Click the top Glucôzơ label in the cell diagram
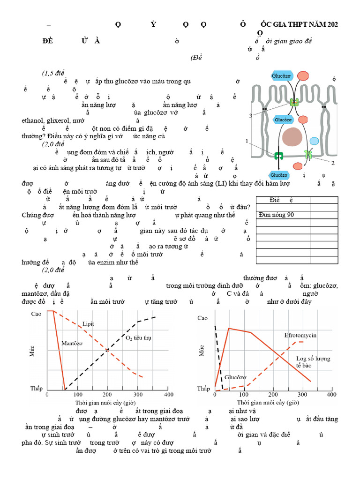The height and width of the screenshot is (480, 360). coord(281,75)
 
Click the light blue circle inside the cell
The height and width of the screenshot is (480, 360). coord(314,141)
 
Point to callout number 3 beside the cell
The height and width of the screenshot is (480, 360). coord(250,116)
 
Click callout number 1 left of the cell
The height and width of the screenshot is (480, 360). coord(247,141)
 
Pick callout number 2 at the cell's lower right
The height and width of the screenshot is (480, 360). coord(333,163)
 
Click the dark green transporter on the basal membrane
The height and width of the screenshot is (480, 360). coord(279,156)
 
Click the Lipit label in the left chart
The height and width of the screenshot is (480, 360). coord(88,324)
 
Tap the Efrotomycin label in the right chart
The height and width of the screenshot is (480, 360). coord(300,335)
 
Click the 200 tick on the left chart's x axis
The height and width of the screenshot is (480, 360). coord(107,395)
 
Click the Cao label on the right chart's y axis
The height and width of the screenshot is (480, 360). coord(202,318)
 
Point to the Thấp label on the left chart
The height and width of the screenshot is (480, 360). coord(37,389)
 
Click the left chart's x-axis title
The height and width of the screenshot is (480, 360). coord(107,403)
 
